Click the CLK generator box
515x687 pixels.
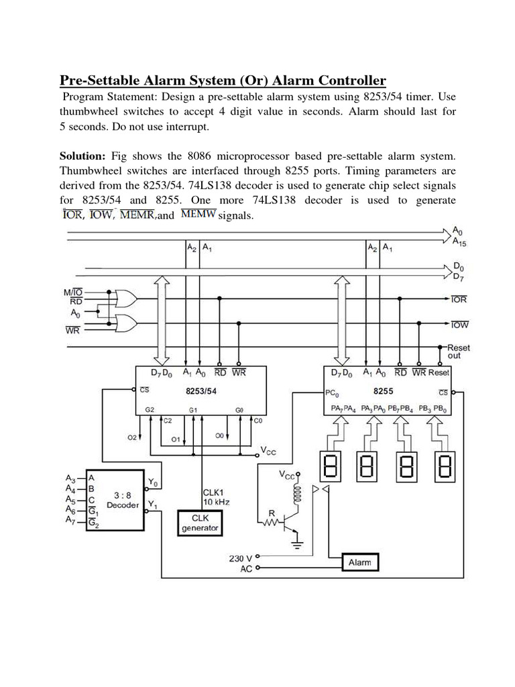click(201, 522)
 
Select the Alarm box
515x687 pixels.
click(360, 562)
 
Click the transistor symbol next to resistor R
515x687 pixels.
click(290, 519)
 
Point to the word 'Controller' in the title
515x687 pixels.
click(345, 81)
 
